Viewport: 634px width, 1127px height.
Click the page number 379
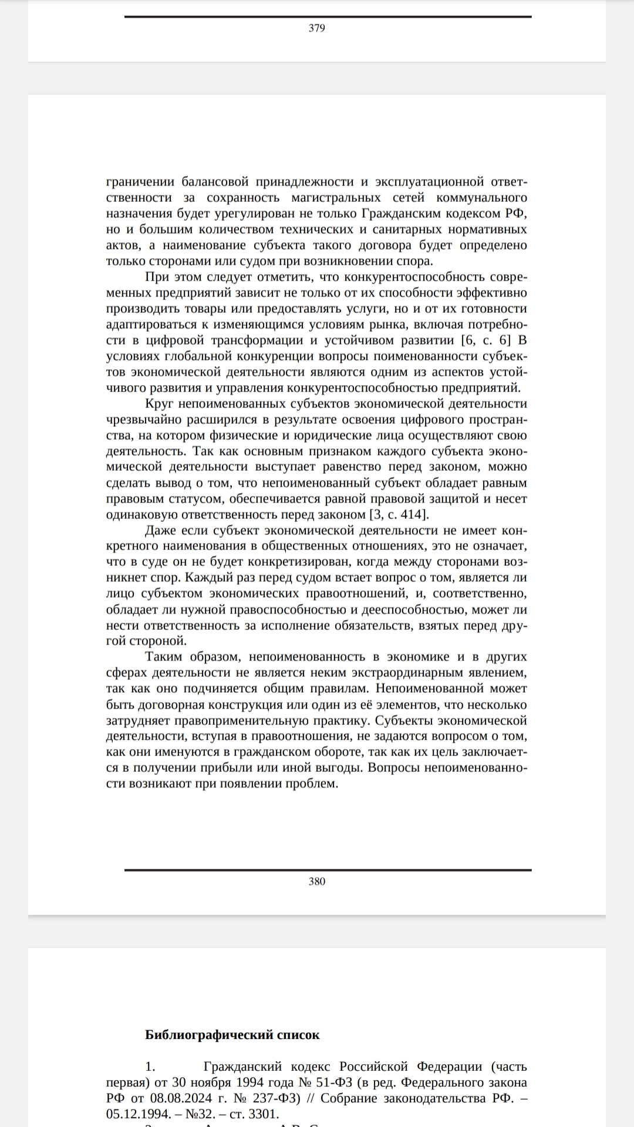[x=316, y=28]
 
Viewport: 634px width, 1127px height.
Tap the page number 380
[x=316, y=881]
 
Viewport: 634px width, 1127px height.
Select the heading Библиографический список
[x=232, y=1035]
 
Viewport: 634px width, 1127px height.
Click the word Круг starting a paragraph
[x=158, y=404]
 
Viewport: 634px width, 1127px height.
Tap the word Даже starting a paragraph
[x=160, y=531]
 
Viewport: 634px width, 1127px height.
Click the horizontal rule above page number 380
[x=328, y=870]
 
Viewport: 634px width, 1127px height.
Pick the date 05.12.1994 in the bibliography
[x=138, y=1114]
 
